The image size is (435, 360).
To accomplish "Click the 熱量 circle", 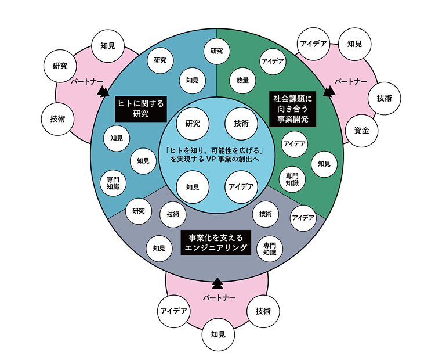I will coord(242,81).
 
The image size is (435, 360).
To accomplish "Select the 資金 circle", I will coord(361,131).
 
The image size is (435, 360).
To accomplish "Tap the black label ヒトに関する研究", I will coord(140,109).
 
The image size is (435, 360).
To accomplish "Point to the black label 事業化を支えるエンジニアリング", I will coord(216,243).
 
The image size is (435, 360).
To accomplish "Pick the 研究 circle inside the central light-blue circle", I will coord(193,123).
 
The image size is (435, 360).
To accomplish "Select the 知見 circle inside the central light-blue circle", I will coord(193,187).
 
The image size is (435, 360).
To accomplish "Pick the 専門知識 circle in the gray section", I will coord(269,249).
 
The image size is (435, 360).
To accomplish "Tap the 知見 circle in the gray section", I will coord(159,248).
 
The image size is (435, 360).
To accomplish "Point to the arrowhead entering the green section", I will coord(329,91).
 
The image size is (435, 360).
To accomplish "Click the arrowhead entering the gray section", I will coord(217,283).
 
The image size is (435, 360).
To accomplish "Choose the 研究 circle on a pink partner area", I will coord(60,66).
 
